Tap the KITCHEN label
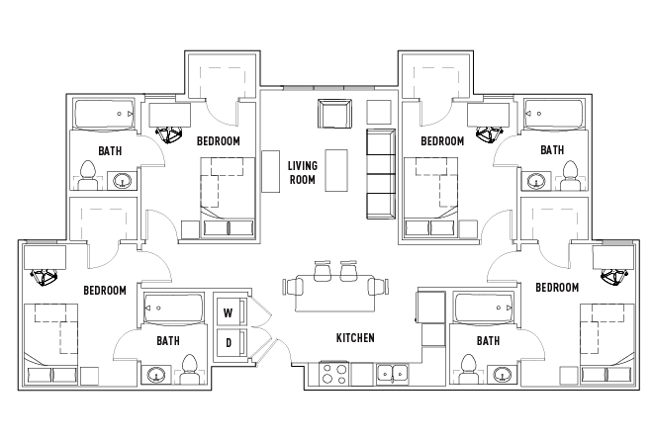(x=355, y=337)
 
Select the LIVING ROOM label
(x=303, y=173)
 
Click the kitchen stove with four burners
(x=333, y=374)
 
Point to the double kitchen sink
(x=393, y=374)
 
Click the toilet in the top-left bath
(x=87, y=175)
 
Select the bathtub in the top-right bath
(x=553, y=114)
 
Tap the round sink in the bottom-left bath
(x=155, y=375)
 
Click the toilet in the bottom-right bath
(x=469, y=369)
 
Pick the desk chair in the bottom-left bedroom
(x=44, y=277)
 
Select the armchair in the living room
(x=334, y=114)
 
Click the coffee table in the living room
(x=336, y=170)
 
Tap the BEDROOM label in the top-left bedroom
(x=219, y=141)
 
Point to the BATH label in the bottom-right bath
(x=488, y=341)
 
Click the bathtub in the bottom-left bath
(x=174, y=308)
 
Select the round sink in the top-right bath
(x=536, y=182)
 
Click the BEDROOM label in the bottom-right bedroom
(x=557, y=287)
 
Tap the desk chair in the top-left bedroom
(x=169, y=134)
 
